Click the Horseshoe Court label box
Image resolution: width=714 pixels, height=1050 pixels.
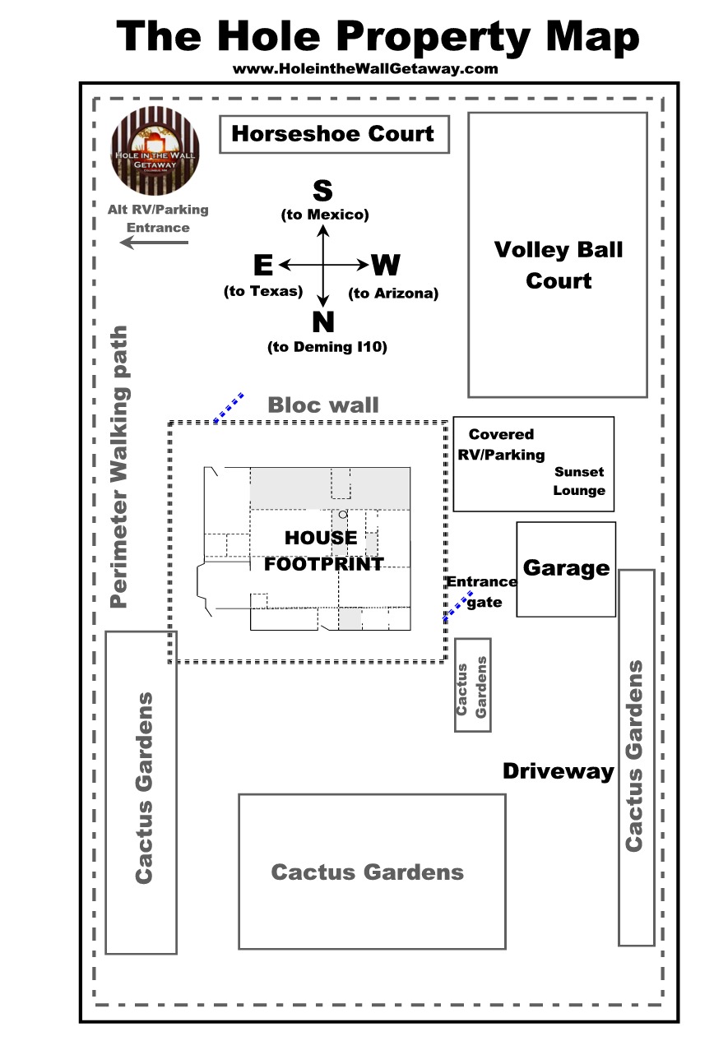point(334,134)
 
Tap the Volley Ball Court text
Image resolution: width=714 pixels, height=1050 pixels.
point(559,265)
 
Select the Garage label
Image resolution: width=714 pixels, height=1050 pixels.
point(566,568)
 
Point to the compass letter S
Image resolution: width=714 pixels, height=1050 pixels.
point(322,190)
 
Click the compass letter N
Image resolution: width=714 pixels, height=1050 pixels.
point(323,321)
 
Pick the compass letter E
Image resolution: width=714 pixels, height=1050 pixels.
point(263,265)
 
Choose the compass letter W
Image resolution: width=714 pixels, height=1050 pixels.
point(387,265)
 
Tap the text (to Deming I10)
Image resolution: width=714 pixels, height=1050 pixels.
point(327,347)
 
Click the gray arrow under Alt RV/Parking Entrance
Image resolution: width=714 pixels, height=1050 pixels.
point(155,243)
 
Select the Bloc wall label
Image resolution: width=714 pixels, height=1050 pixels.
point(323,405)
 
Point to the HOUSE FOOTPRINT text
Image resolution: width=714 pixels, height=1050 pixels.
point(323,551)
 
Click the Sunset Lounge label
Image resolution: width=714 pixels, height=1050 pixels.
point(579,481)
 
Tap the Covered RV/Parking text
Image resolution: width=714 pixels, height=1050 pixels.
point(501,444)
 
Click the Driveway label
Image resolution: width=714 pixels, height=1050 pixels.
point(559,771)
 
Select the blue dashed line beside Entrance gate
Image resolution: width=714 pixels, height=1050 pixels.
point(457,606)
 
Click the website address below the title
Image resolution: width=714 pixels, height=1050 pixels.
point(365,69)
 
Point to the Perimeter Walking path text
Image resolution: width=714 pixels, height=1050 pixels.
point(118,467)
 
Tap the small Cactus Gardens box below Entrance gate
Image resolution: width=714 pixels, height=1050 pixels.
point(472,685)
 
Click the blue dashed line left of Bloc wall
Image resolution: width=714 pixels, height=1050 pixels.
point(229,407)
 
